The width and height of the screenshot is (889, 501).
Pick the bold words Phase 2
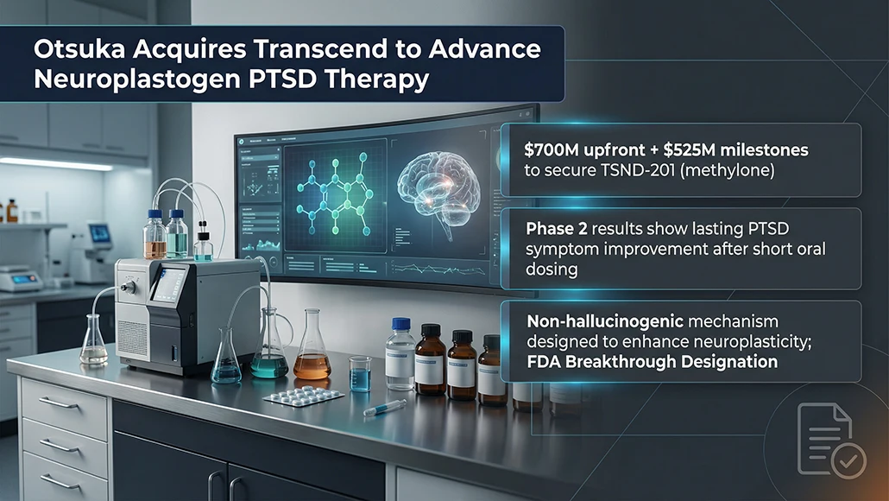pyautogui.click(x=556, y=229)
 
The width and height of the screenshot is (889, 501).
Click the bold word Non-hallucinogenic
pyautogui.click(x=605, y=321)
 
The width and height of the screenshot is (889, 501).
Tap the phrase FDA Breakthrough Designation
pyautogui.click(x=652, y=361)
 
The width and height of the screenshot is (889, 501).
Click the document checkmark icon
pyautogui.click(x=831, y=440)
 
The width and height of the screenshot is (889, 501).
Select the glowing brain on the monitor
pyautogui.click(x=438, y=189)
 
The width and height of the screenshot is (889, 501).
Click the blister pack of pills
pyautogui.click(x=304, y=396)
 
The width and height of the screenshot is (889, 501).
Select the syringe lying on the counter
pyautogui.click(x=385, y=408)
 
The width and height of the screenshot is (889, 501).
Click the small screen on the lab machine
pyautogui.click(x=169, y=284)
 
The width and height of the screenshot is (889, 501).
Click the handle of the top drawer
pyautogui.click(x=59, y=403)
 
